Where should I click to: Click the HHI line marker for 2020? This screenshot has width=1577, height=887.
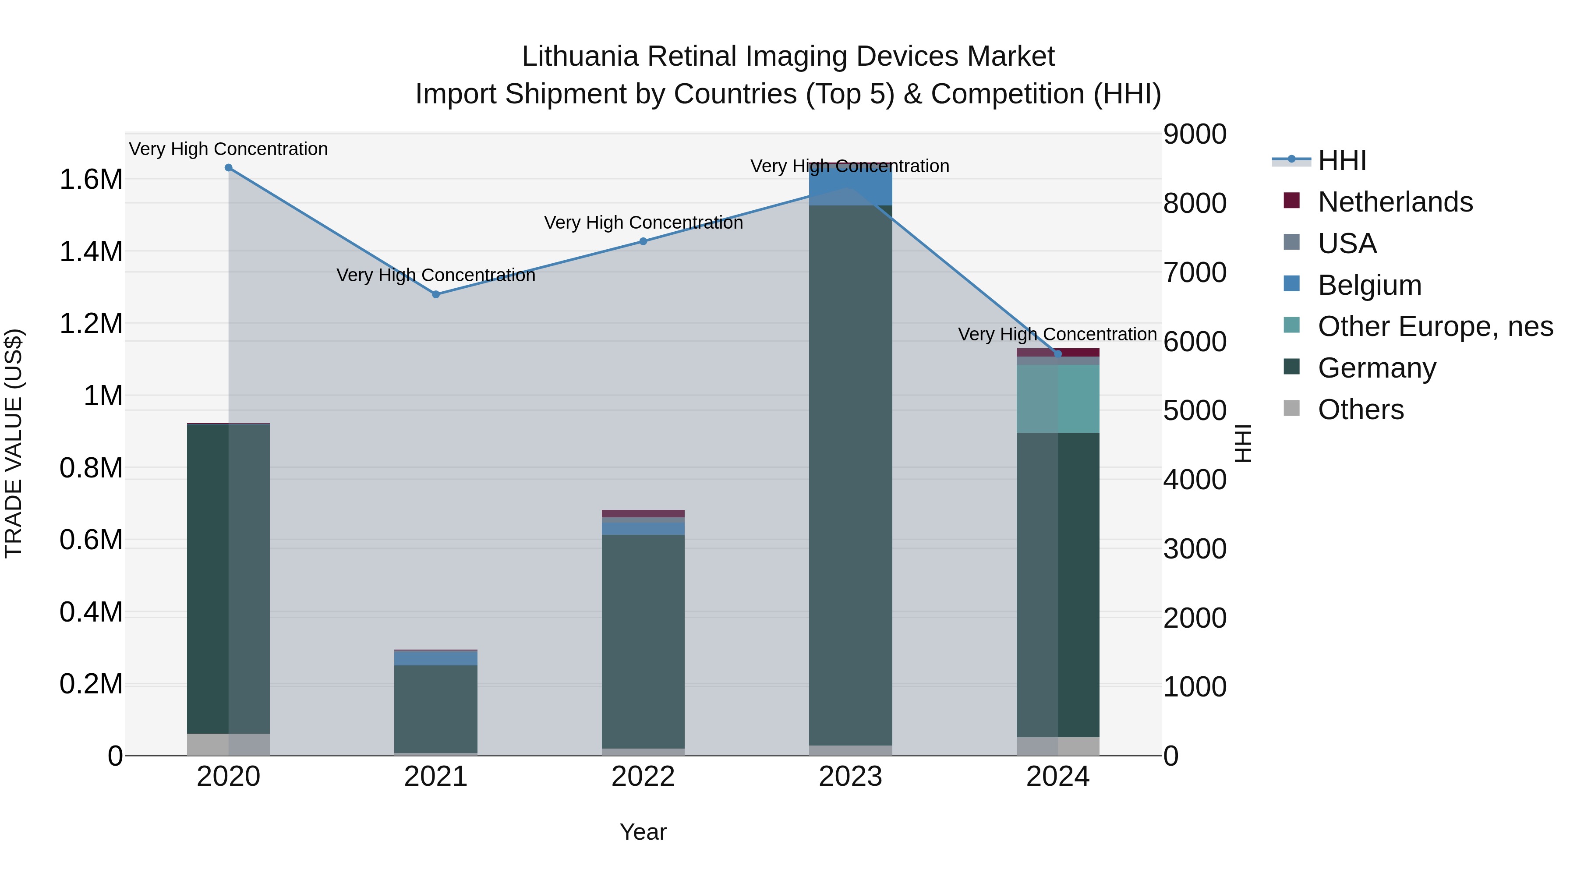[x=228, y=168]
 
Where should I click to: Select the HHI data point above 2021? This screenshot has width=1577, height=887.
[x=436, y=294]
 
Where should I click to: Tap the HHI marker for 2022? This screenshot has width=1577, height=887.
[x=643, y=241]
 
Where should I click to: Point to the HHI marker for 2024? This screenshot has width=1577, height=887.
[x=1057, y=354]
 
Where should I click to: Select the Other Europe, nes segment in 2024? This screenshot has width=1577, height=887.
[x=1058, y=399]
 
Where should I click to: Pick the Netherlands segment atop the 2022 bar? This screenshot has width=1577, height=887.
[x=643, y=514]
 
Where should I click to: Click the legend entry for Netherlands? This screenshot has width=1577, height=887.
[x=1395, y=202]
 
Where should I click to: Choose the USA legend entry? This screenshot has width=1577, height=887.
[x=1347, y=244]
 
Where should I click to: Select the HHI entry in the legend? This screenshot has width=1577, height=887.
[x=1342, y=160]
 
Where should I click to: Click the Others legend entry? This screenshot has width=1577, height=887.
[x=1360, y=410]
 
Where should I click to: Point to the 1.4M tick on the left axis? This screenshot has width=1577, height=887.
[x=91, y=251]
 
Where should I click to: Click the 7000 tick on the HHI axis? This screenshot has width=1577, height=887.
[x=1195, y=272]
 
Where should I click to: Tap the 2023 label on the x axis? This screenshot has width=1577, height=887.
[x=850, y=777]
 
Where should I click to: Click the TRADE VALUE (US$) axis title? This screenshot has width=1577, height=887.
[x=14, y=443]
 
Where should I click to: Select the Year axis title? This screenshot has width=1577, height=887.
[x=643, y=832]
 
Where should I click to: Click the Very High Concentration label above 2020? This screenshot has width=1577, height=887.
[x=228, y=149]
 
